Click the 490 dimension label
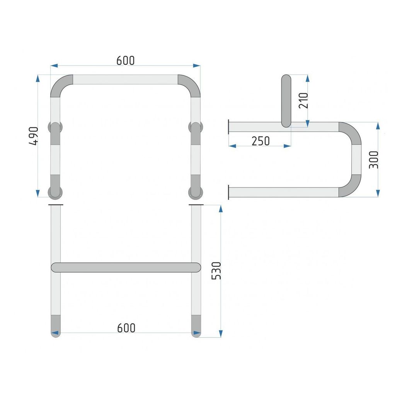click(34, 136)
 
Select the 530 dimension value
click(216, 271)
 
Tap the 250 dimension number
click(261, 141)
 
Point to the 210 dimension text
click(303, 100)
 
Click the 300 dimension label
click(373, 160)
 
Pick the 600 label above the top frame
click(125, 61)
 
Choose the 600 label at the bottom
click(126, 328)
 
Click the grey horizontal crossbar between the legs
click(126, 267)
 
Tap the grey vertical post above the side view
click(286, 101)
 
